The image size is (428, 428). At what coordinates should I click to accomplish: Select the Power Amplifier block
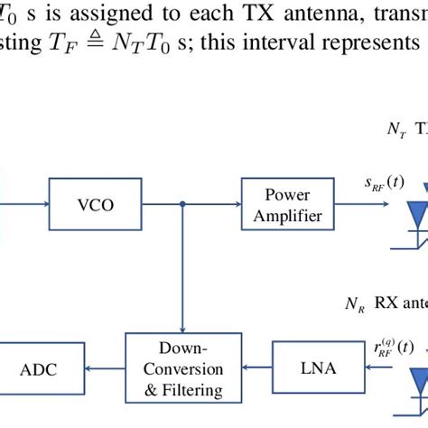point(281,204)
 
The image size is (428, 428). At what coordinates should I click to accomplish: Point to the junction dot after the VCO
point(183,205)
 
